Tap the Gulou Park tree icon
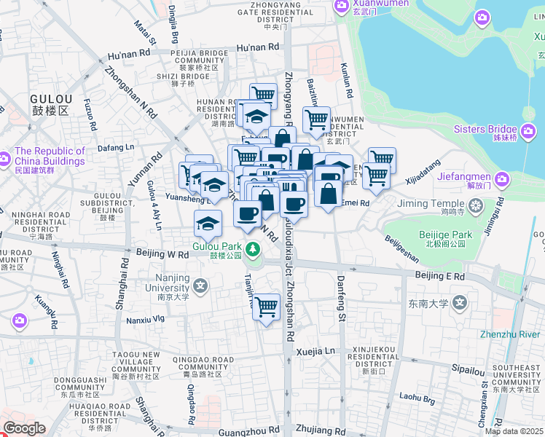tap(253, 250)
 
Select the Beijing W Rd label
tap(162, 254)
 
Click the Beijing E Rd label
tap(439, 276)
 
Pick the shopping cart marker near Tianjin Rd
tap(267, 306)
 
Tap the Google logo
tap(24, 428)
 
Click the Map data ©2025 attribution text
tap(514, 431)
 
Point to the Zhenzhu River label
tap(509, 334)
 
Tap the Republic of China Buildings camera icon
tap(5, 157)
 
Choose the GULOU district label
tap(51, 103)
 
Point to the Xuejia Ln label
tap(315, 351)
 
